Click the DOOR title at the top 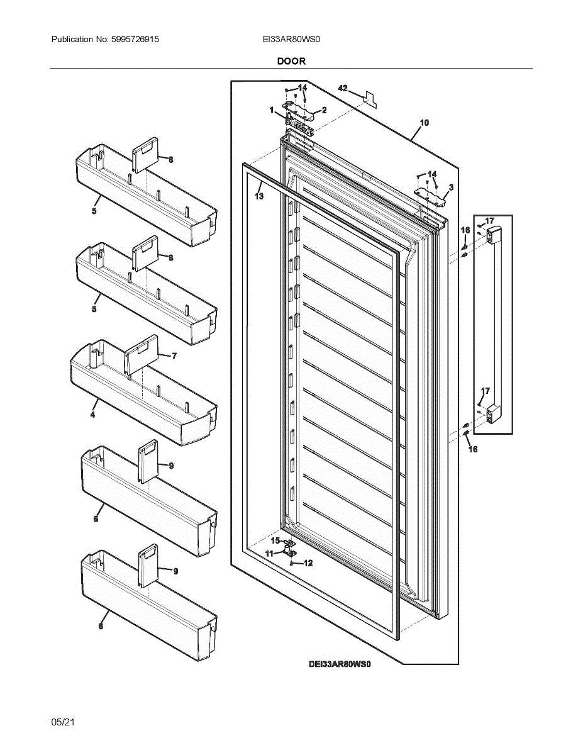[x=291, y=61]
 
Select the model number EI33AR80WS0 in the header [x=292, y=39]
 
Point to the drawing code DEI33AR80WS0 [x=339, y=664]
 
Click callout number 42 [x=343, y=89]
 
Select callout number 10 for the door [x=425, y=123]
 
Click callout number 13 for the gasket [x=259, y=196]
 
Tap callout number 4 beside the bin [x=92, y=415]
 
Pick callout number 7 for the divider [x=174, y=355]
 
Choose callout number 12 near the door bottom [x=308, y=564]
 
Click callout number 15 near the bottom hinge [x=275, y=540]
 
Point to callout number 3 [x=451, y=187]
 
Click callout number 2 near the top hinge [x=324, y=110]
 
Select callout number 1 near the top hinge [x=272, y=110]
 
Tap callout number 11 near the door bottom [x=269, y=554]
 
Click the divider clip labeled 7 [x=139, y=355]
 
